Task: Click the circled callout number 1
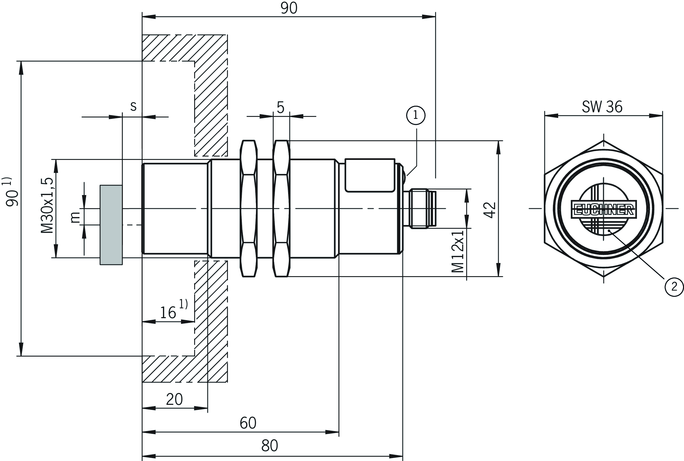click(x=416, y=115)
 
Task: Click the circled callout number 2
click(x=674, y=287)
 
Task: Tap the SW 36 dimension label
click(x=602, y=107)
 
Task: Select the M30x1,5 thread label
click(x=47, y=206)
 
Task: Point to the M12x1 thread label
click(x=458, y=251)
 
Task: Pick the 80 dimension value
click(x=269, y=446)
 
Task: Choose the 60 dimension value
click(x=248, y=423)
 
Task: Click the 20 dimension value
click(x=174, y=399)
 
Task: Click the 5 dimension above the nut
click(x=280, y=107)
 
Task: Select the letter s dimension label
click(x=133, y=106)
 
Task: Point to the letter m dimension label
click(x=75, y=217)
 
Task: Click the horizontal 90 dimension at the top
click(x=289, y=8)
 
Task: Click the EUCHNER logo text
click(x=604, y=209)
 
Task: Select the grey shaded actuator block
click(x=111, y=225)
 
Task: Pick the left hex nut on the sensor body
click(x=248, y=209)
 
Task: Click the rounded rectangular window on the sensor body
click(x=370, y=175)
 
